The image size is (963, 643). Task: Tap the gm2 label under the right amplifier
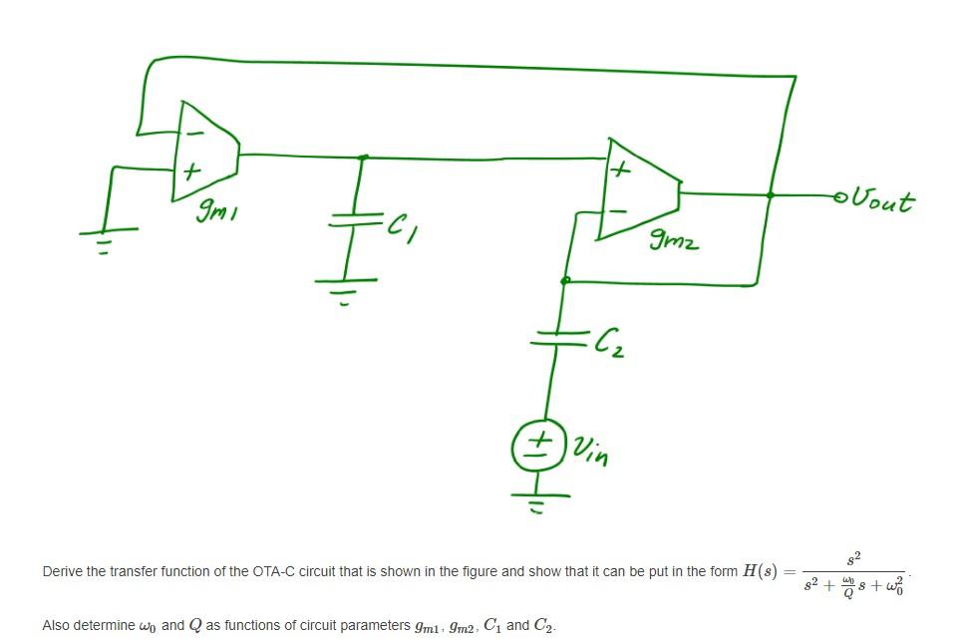[674, 239]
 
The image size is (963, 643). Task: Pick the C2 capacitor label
[608, 344]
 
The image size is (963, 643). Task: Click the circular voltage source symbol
[538, 446]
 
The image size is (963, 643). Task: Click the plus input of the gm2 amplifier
[618, 170]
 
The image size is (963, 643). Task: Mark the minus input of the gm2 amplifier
[618, 210]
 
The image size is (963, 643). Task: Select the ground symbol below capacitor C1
[346, 287]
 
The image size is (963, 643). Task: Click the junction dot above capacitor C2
[565, 281]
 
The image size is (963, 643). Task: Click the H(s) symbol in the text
[761, 571]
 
